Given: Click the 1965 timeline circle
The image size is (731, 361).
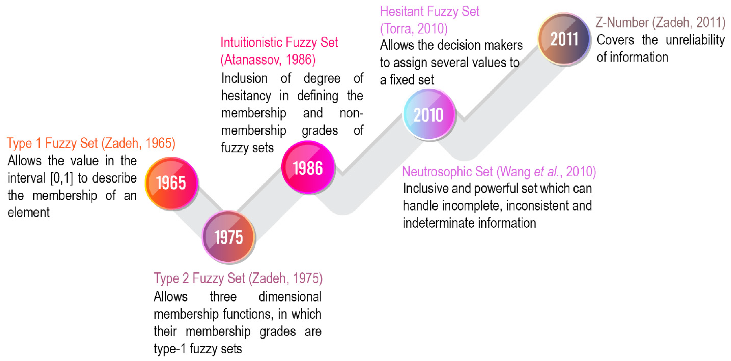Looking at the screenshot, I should [x=171, y=183].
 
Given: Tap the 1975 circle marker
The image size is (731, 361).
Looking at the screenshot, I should [x=228, y=237].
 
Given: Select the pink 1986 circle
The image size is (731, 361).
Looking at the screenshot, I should [x=308, y=167].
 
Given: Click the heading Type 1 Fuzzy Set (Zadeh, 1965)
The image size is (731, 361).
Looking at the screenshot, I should [x=91, y=143].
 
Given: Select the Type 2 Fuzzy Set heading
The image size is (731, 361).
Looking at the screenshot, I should [x=238, y=278].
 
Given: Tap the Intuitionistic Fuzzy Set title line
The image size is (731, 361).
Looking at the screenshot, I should [x=279, y=43].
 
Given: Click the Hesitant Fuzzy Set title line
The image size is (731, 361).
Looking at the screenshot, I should [x=430, y=12].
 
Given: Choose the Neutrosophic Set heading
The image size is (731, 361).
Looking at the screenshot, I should [x=499, y=172].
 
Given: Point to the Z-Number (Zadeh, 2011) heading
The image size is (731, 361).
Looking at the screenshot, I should [x=660, y=23].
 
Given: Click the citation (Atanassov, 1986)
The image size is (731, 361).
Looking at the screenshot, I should [x=268, y=60].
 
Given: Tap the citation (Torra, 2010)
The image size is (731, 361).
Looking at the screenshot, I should [x=414, y=29].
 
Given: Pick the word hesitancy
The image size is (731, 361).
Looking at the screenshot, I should [x=246, y=96].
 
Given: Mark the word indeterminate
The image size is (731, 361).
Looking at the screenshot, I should [x=438, y=223].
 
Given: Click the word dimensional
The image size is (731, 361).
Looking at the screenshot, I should [x=290, y=297].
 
